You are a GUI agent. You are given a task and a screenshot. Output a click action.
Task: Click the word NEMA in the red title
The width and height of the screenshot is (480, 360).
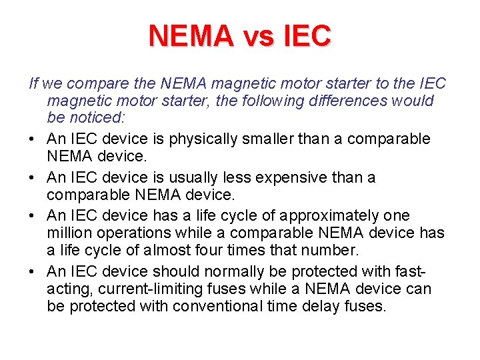coord(191,36)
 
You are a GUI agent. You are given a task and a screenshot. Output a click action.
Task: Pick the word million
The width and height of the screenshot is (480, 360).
coord(69,233)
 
